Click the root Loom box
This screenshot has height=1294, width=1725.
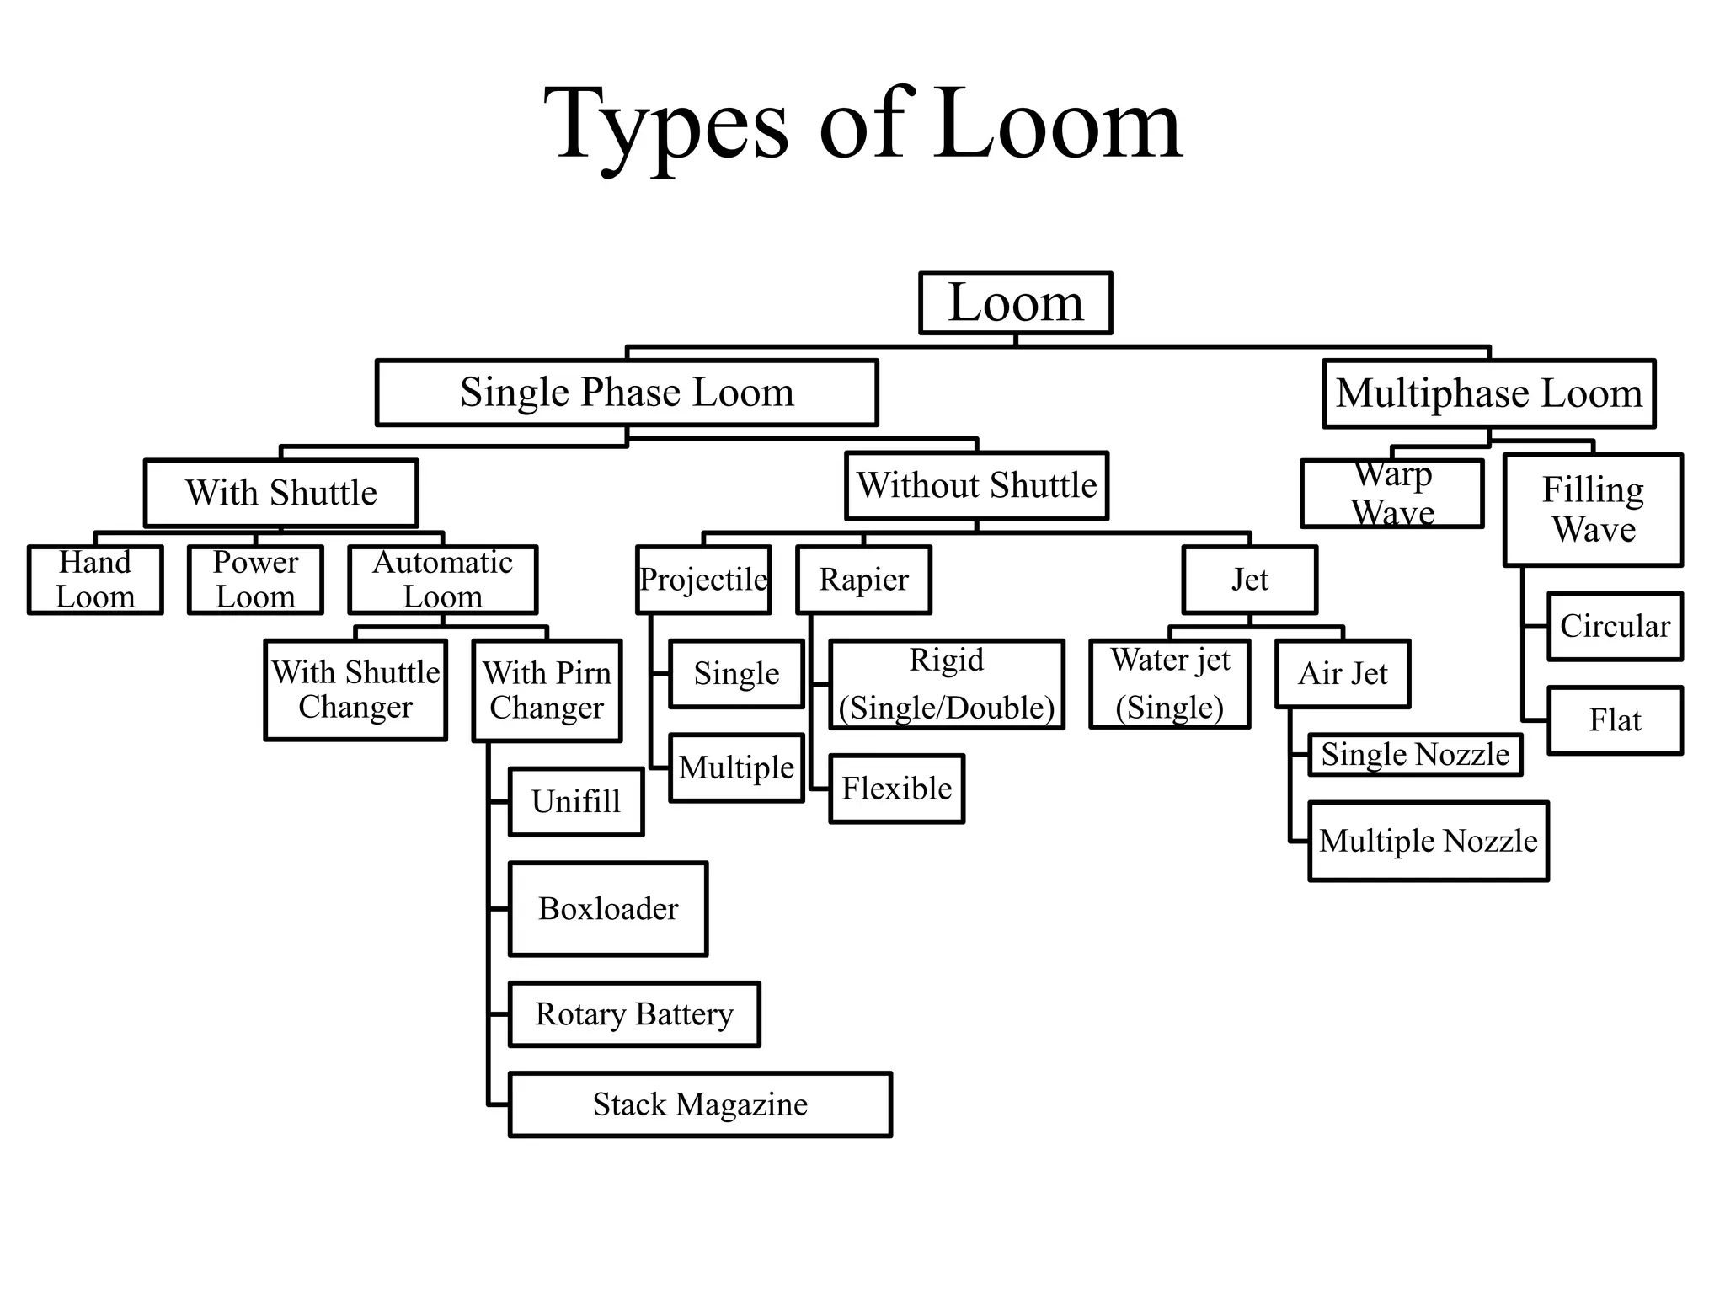click(x=1015, y=303)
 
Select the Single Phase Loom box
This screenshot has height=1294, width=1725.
click(x=627, y=393)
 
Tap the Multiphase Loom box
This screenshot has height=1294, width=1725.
click(x=1488, y=393)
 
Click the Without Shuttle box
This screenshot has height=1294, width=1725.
click(x=976, y=486)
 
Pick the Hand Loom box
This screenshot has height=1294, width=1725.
click(x=95, y=580)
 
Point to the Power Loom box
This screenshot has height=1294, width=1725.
click(x=255, y=580)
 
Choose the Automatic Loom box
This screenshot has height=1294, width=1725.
click(x=442, y=580)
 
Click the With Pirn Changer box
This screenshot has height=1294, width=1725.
click(x=547, y=690)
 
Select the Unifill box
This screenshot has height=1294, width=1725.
click(x=576, y=801)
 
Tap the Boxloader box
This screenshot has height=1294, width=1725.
click(x=608, y=908)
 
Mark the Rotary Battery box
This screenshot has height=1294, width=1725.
click(x=634, y=1014)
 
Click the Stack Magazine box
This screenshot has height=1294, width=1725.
click(x=700, y=1104)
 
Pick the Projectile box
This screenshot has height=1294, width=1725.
click(x=703, y=580)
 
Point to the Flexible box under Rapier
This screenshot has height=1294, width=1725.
click(x=896, y=789)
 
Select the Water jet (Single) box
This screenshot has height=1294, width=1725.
click(x=1169, y=683)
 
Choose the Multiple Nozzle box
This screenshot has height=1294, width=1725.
click(x=1428, y=841)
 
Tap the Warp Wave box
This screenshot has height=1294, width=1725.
click(x=1391, y=494)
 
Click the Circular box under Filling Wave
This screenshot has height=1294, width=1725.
click(x=1615, y=626)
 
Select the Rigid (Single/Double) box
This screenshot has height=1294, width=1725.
click(x=947, y=683)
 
